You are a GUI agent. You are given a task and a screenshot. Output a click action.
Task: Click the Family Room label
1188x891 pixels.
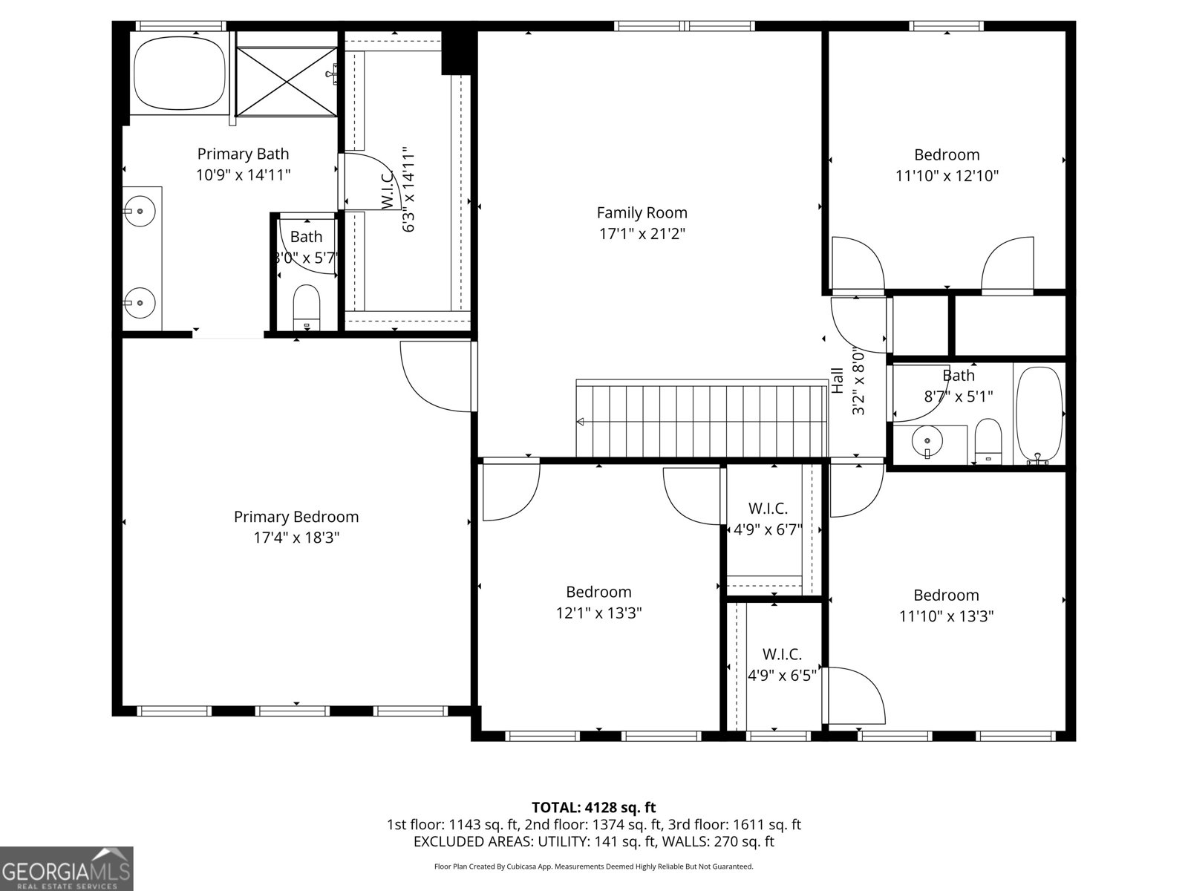click(x=642, y=213)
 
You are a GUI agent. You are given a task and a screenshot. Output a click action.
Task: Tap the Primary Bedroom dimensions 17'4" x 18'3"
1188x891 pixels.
click(x=296, y=538)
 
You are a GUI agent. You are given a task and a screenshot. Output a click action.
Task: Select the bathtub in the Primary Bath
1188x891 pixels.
click(x=179, y=73)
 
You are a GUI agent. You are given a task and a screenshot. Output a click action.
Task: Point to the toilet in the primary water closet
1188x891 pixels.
click(x=306, y=307)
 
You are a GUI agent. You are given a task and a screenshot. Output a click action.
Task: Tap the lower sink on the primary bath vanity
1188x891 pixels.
click(x=139, y=302)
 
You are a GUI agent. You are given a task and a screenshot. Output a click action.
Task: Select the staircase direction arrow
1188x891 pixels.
click(x=581, y=422)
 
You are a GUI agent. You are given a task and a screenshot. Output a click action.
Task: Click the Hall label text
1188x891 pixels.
click(x=838, y=381)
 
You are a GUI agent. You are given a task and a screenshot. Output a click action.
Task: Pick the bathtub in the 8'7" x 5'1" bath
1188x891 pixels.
click(x=1039, y=414)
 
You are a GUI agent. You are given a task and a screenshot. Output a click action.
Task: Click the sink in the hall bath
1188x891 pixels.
click(x=927, y=442)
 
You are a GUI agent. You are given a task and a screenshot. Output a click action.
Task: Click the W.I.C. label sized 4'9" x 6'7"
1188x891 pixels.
click(x=768, y=509)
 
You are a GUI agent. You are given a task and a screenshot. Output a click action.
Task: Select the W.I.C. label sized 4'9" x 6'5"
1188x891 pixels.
click(x=782, y=655)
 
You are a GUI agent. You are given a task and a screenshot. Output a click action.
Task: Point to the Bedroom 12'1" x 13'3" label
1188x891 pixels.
click(x=598, y=592)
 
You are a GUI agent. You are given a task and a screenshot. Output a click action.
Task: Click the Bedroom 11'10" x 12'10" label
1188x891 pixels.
click(x=946, y=155)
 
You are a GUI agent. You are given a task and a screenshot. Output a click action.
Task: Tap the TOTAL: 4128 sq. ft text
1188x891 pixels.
click(x=593, y=807)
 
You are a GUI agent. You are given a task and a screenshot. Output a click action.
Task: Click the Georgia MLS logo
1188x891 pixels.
click(x=66, y=868)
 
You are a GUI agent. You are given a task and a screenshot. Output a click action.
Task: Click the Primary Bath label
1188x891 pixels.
click(x=243, y=154)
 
